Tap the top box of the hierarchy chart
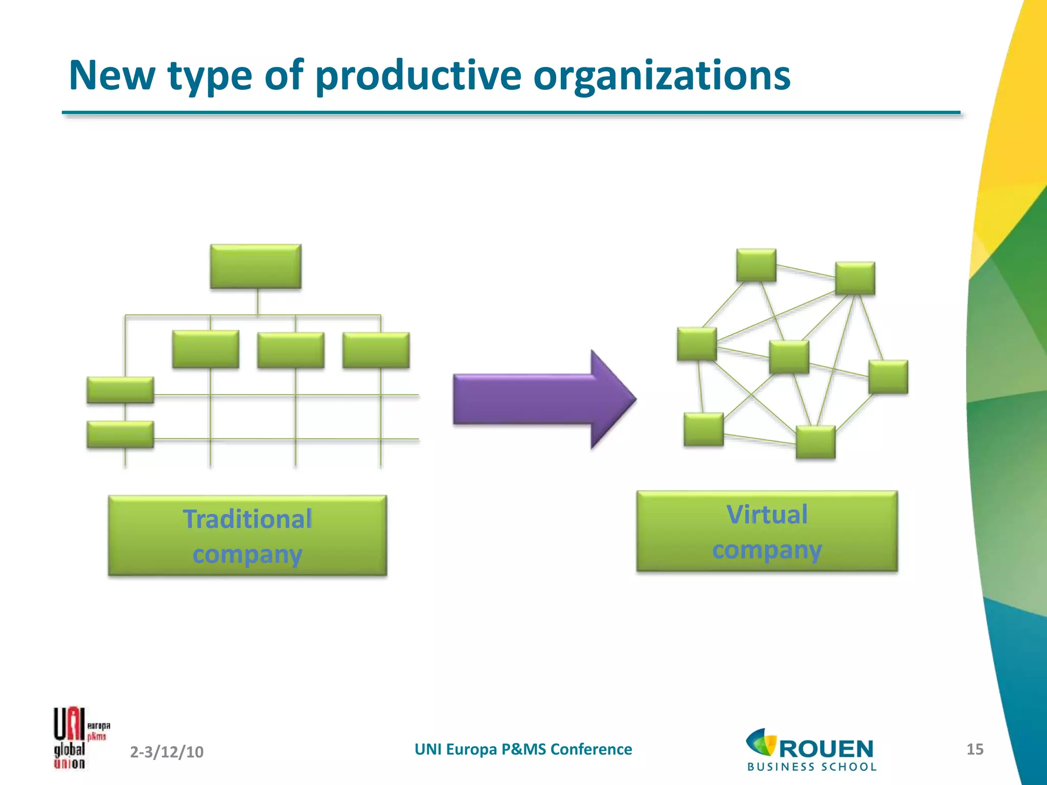coord(256,266)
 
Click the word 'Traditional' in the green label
coord(247,519)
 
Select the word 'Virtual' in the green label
coord(767,515)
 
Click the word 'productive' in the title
coord(418,76)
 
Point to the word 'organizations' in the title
coord(662,76)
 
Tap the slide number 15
coord(974,749)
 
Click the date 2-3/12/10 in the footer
coord(167,752)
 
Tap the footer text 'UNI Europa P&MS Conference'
coord(523,749)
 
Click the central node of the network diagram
coord(789,357)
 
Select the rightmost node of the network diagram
coord(888,377)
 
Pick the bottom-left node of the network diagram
coord(703,429)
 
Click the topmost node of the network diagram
coord(756,265)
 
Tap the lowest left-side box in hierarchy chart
coord(120,434)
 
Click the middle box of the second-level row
coord(290,350)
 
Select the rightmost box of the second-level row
coord(376,350)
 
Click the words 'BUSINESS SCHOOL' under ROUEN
coord(812,767)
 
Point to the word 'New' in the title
coord(111,76)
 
